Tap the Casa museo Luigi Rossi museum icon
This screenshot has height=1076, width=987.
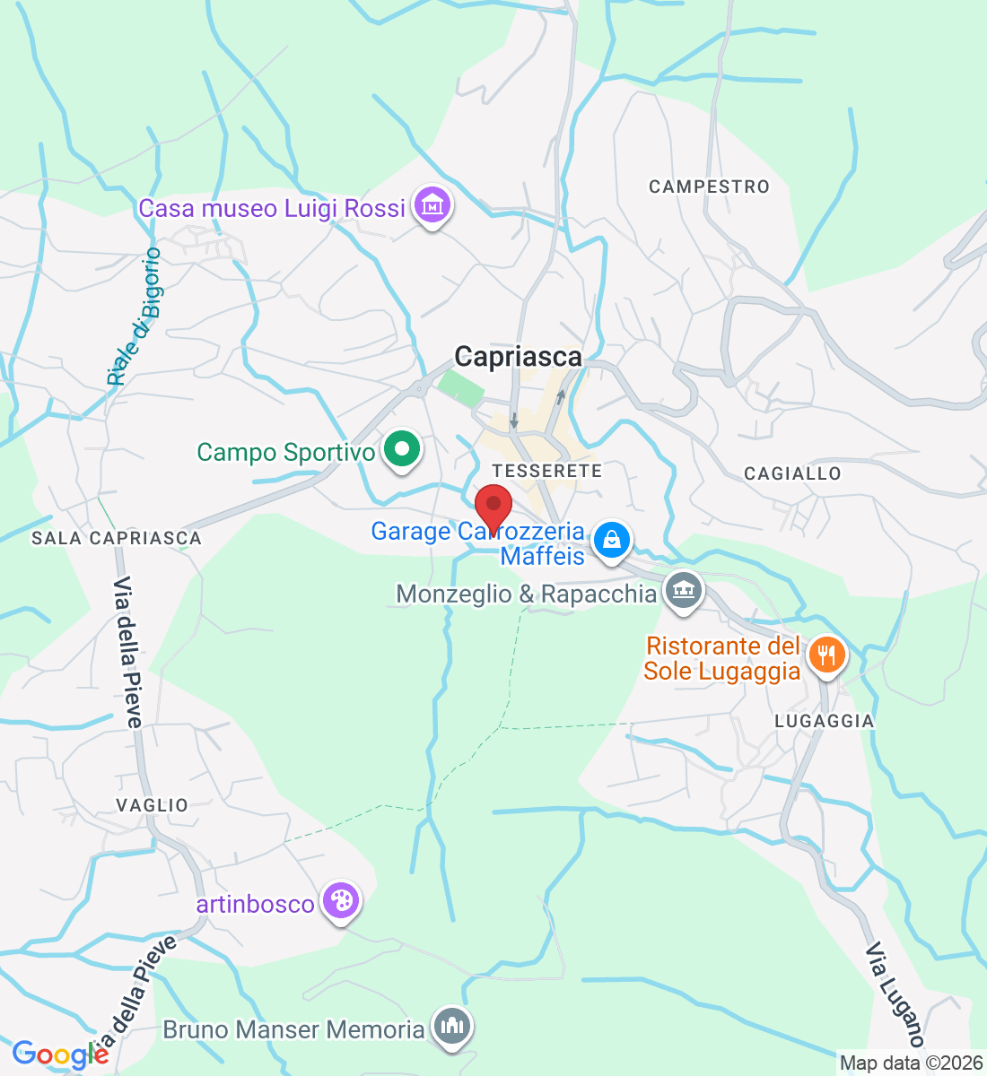[432, 205]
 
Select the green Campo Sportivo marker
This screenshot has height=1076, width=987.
[402, 448]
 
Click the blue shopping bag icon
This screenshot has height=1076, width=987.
[611, 540]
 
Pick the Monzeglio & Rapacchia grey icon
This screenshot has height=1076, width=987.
[685, 591]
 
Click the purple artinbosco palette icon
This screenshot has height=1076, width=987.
[340, 901]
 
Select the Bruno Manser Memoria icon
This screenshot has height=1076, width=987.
[451, 1026]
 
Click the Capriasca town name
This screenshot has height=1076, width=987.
[518, 357]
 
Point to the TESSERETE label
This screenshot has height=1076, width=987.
[546, 471]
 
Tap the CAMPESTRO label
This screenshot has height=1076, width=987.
[709, 187]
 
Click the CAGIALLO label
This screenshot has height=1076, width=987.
[792, 473]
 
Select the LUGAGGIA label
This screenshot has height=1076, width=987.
[824, 721]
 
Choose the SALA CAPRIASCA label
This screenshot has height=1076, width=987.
[117, 538]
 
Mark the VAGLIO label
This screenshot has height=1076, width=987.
[153, 805]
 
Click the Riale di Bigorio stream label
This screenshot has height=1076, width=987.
[135, 317]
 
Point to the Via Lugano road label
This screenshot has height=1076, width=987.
[895, 995]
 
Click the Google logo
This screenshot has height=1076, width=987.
[59, 1054]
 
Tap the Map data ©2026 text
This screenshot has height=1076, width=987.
[911, 1063]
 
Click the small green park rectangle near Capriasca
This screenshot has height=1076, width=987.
[460, 388]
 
